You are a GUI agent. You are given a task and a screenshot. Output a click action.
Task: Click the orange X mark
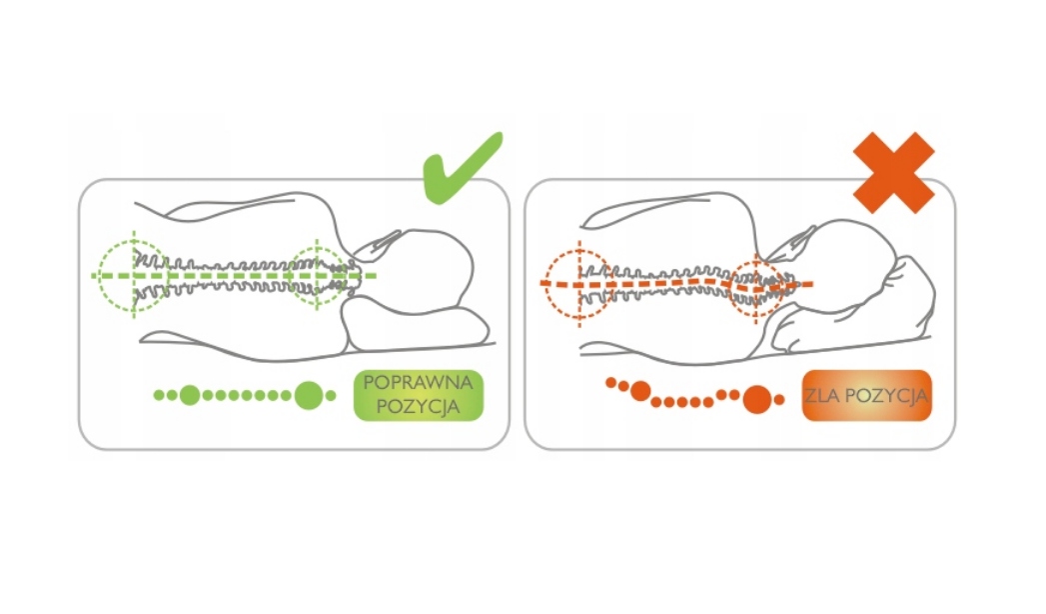892,172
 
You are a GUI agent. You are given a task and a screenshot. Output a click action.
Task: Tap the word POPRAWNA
418,383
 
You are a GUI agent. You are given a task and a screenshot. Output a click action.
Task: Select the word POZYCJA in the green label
418,406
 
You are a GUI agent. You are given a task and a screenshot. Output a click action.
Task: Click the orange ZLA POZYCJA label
865,395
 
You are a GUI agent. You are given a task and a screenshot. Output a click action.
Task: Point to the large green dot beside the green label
309,396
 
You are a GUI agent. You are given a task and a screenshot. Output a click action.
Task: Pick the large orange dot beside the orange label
758,400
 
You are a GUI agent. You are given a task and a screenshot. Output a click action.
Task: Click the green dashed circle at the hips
132,273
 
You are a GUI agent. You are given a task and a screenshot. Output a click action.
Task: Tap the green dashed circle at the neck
317,273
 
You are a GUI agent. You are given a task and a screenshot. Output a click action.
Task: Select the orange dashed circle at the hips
577,283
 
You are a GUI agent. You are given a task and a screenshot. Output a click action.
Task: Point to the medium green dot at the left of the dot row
190,395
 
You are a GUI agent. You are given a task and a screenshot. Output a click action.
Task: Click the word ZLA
822,395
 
